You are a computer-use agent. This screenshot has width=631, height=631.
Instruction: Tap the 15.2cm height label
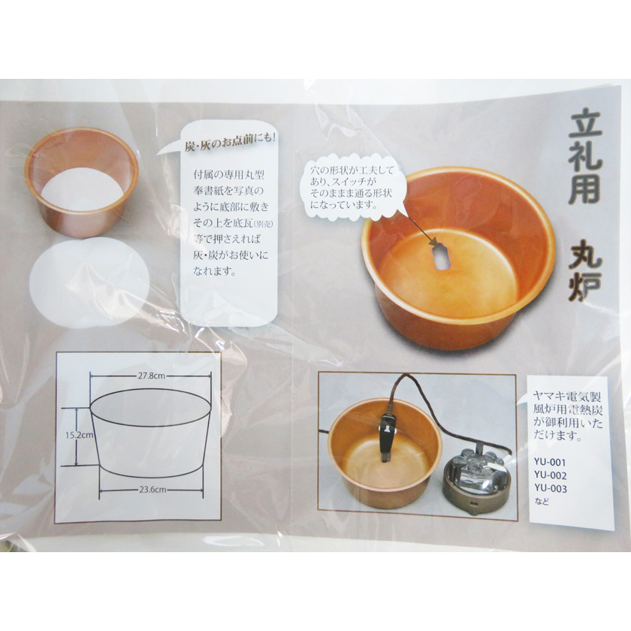pyautogui.click(x=80, y=435)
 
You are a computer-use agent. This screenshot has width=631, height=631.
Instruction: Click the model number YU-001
pyautogui.click(x=550, y=463)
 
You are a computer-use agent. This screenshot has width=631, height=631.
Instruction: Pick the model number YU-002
pyautogui.click(x=550, y=476)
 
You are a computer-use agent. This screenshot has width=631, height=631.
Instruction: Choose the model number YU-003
pyautogui.click(x=550, y=489)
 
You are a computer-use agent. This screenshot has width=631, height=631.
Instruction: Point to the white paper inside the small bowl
pyautogui.click(x=82, y=189)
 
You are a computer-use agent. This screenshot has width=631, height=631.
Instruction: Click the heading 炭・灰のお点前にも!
pyautogui.click(x=230, y=144)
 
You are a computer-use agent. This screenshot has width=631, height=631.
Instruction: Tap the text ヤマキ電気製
pyautogui.click(x=566, y=397)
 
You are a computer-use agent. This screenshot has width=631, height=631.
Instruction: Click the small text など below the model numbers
pyautogui.click(x=542, y=503)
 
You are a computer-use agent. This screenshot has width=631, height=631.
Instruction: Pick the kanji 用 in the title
pyautogui.click(x=584, y=189)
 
